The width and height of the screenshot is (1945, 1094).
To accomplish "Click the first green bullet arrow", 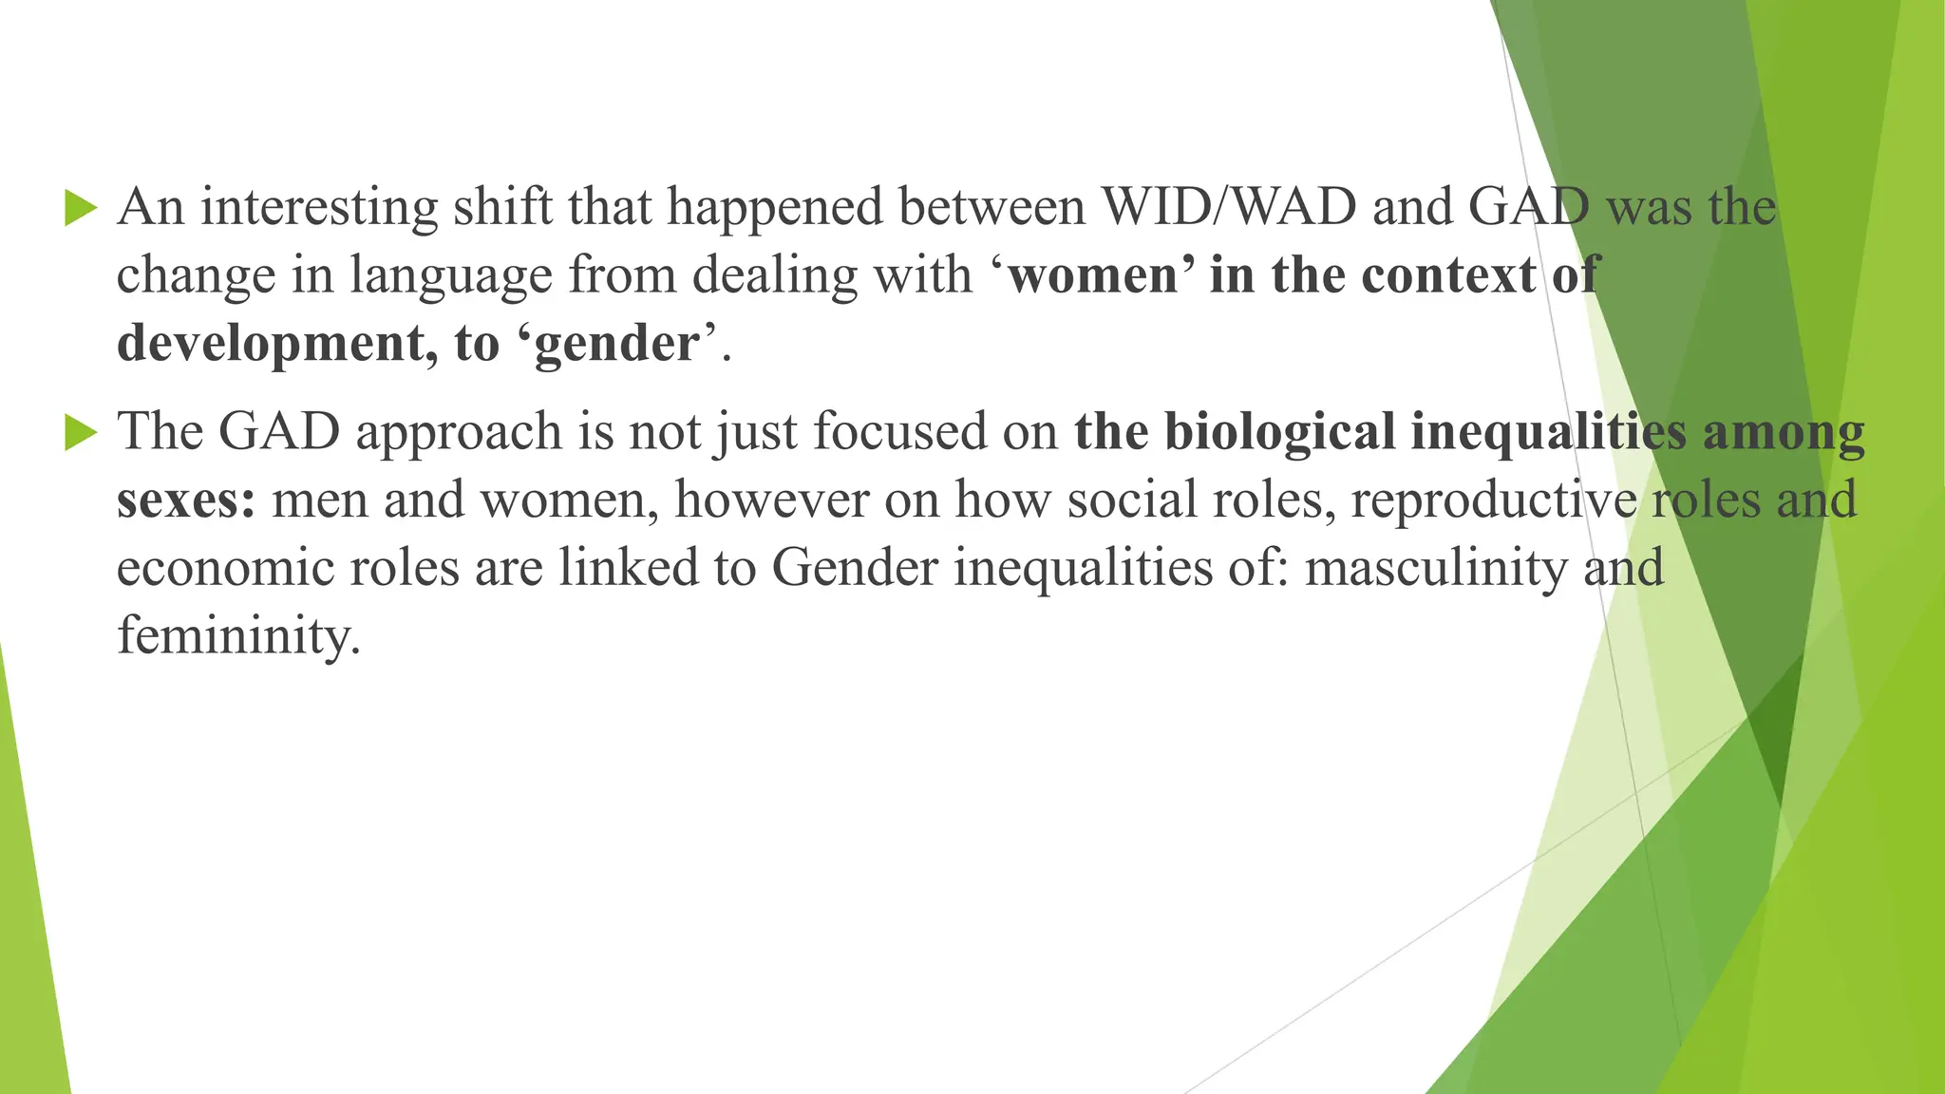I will tap(81, 208).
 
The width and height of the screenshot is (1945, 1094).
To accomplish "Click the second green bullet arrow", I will tap(81, 433).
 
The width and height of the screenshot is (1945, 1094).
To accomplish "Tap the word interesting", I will tap(319, 208).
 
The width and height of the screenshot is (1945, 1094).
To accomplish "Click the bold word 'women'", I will tap(1092, 275).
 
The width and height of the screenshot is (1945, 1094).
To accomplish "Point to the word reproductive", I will tap(1493, 500).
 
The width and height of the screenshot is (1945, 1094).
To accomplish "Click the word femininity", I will tap(238, 636).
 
